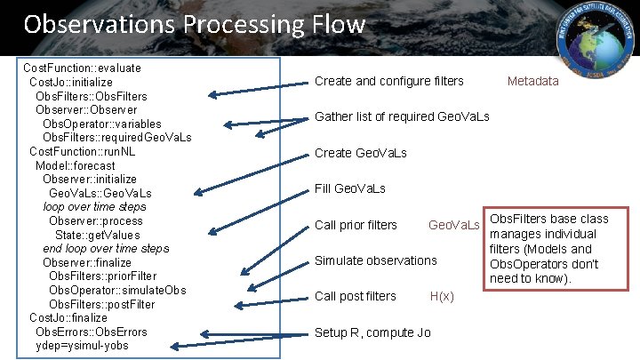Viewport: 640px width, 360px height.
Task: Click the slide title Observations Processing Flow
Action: (x=194, y=23)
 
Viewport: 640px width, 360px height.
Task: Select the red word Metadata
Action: (x=533, y=81)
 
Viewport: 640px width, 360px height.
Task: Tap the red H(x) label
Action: (x=442, y=296)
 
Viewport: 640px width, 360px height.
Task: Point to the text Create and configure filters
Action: (x=389, y=81)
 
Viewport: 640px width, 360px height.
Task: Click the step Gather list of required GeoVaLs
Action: (x=402, y=116)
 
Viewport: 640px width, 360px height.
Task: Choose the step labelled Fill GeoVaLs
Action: (x=350, y=188)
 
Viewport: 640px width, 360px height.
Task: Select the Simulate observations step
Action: (x=376, y=260)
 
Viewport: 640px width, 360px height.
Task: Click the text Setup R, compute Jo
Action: (x=372, y=332)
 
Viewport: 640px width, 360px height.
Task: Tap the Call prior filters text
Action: (x=356, y=225)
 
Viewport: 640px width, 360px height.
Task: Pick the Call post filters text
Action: (x=356, y=296)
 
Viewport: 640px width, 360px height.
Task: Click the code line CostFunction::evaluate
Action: (x=82, y=68)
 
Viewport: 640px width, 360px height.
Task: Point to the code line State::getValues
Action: (x=99, y=234)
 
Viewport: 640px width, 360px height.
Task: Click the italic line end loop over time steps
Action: (x=106, y=248)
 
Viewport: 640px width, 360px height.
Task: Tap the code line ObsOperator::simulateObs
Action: (x=117, y=290)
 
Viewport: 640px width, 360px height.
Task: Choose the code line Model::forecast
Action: (x=75, y=164)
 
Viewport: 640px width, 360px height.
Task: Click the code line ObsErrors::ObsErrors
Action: (x=92, y=332)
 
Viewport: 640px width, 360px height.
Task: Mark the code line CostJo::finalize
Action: (x=68, y=317)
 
